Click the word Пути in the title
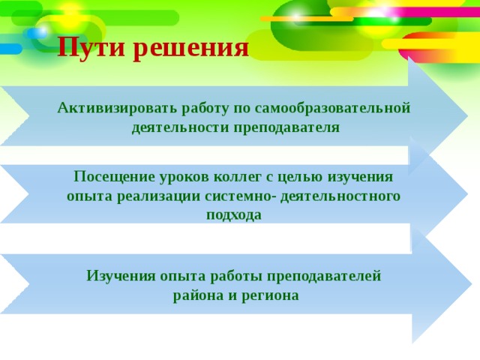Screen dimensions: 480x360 (x=91, y=46)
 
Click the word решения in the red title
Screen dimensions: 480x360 (x=191, y=48)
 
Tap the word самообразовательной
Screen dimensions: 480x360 (x=332, y=108)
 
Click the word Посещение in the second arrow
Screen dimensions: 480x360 (x=114, y=178)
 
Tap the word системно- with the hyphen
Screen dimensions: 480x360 (x=240, y=196)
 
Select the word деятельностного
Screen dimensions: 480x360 (x=340, y=196)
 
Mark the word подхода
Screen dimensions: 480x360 (x=234, y=215)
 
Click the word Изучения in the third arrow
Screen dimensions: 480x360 (x=121, y=277)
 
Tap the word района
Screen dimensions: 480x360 (x=198, y=296)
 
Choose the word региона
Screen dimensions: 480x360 (x=270, y=296)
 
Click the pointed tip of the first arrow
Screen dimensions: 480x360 (x=468, y=115)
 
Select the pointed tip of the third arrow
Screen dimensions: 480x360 (x=472, y=284)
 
